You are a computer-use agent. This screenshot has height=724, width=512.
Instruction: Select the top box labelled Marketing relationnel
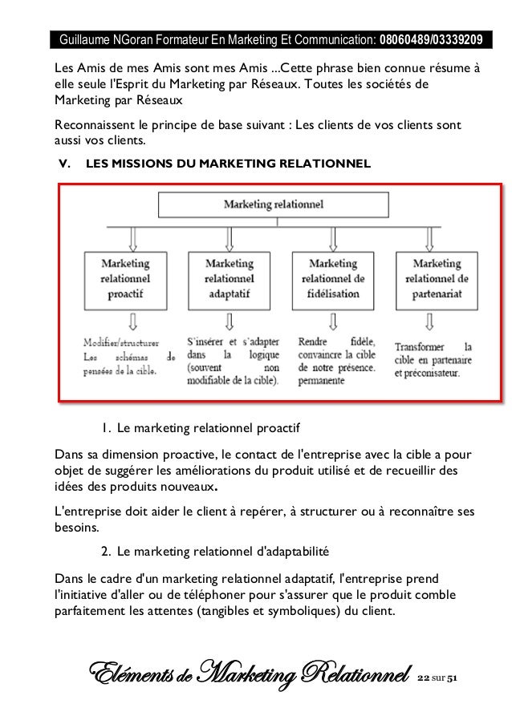pos(273,205)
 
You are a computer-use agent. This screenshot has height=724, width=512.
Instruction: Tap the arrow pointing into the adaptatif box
pos(230,237)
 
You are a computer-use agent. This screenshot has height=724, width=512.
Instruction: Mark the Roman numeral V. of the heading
pos(66,164)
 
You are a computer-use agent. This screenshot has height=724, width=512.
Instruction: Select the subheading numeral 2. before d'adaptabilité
pos(106,552)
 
